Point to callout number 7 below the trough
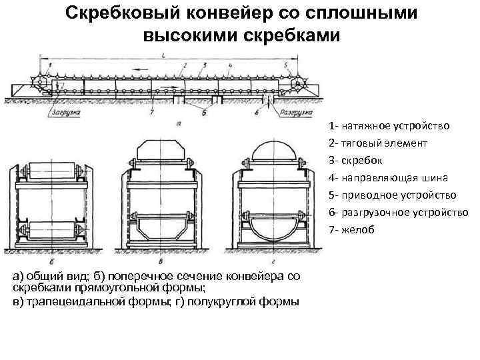pyautogui.click(x=151, y=113)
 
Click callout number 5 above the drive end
pyautogui.click(x=286, y=65)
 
